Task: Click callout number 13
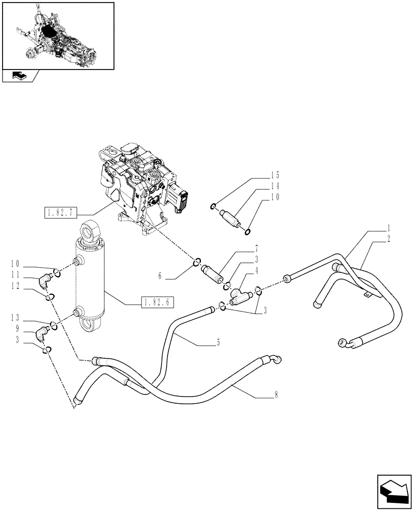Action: coord(15,318)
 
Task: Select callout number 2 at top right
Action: coord(389,239)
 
